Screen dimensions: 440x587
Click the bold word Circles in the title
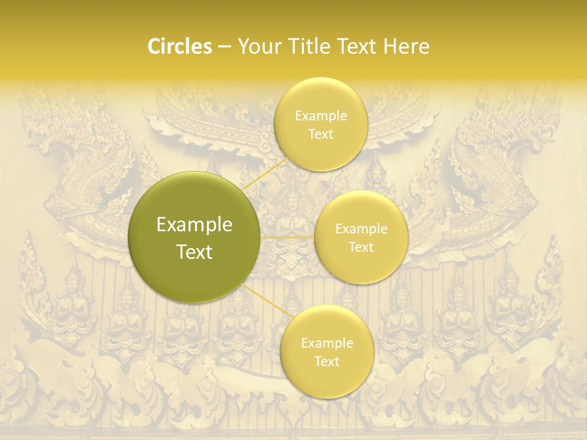click(x=179, y=46)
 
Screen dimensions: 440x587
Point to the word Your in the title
click(x=258, y=46)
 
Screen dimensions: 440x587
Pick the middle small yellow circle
click(x=361, y=269)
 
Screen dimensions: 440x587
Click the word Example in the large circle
click(x=194, y=225)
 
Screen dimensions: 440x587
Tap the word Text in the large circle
click(x=194, y=252)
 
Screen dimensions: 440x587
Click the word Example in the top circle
click(x=320, y=116)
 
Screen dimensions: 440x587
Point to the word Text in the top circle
click(x=320, y=134)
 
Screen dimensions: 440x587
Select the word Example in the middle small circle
click(x=361, y=229)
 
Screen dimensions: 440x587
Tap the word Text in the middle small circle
click(x=361, y=248)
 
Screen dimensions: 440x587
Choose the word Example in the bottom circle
click(x=327, y=343)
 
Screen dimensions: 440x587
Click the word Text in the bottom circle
click(x=327, y=361)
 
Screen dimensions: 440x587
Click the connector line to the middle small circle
click(x=287, y=237)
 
